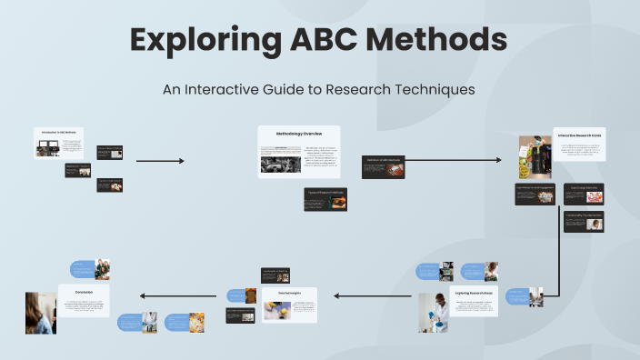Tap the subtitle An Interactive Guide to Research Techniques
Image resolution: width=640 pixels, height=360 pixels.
[319, 90]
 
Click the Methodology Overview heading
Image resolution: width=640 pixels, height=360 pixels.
[299, 134]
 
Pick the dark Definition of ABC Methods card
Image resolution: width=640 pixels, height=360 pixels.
[383, 165]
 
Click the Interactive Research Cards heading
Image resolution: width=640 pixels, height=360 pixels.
[580, 135]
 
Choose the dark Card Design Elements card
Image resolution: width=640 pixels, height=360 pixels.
[584, 193]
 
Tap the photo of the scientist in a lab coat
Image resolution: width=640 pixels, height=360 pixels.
[434, 312]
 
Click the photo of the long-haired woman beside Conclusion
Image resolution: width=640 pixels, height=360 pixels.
[41, 312]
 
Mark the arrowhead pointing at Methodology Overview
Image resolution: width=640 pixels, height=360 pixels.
[182, 161]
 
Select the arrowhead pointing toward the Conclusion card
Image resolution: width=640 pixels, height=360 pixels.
[141, 295]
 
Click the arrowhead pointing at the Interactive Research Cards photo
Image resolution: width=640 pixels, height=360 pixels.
[498, 160]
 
